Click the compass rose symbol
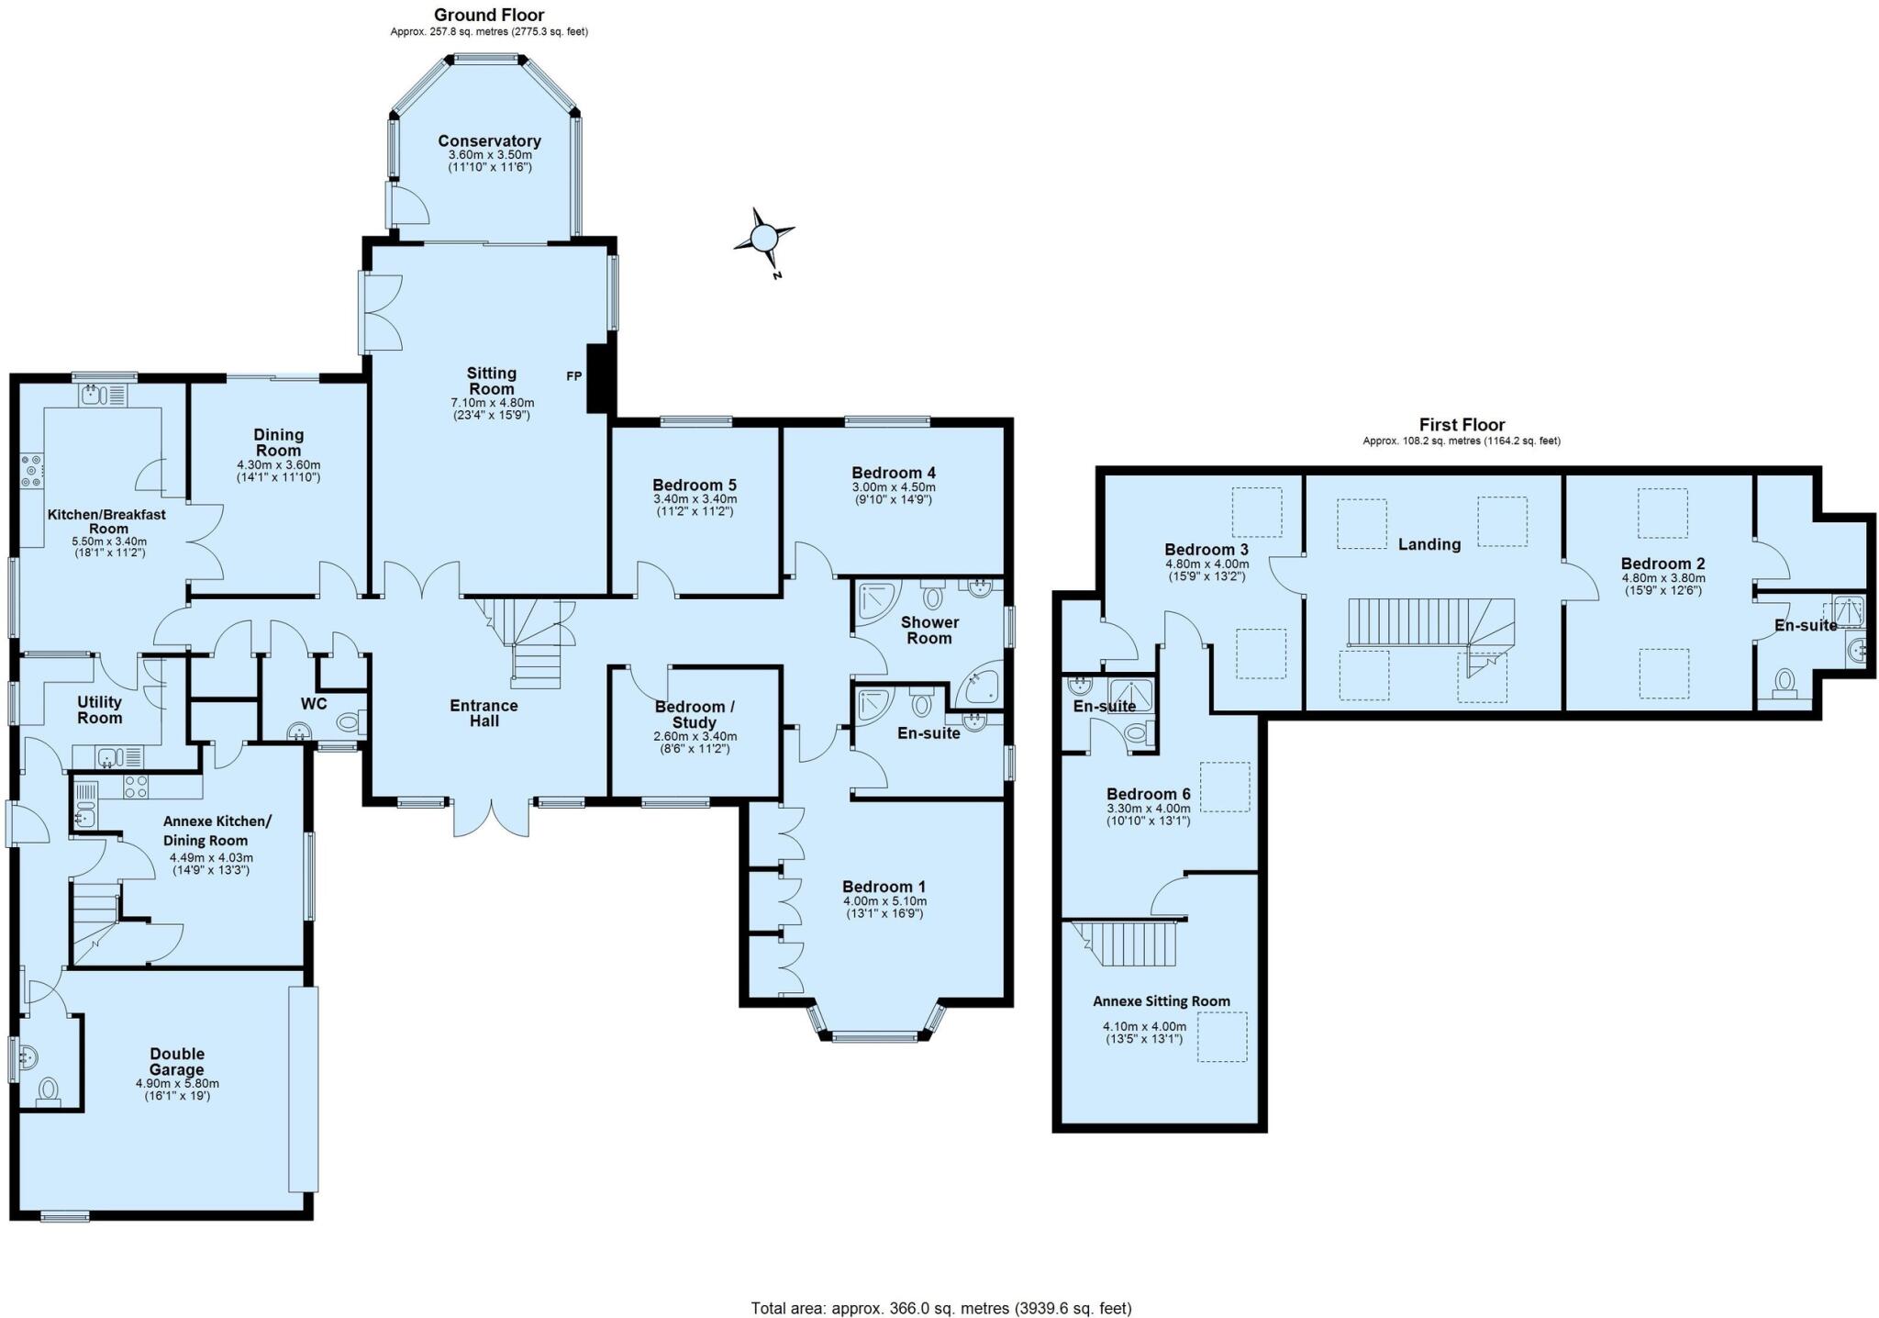point(763,239)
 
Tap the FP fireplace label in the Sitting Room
point(573,376)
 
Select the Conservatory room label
point(489,141)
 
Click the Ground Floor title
point(489,15)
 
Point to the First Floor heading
point(1462,425)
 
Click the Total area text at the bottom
point(940,1308)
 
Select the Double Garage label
point(177,1062)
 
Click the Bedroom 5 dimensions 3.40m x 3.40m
point(695,499)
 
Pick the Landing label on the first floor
point(1429,544)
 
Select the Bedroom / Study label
point(695,714)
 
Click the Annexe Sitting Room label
point(1161,1001)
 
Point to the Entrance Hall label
point(484,713)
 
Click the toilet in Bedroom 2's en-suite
point(1784,684)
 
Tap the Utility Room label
point(100,709)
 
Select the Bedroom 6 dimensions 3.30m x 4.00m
point(1148,809)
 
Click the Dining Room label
point(278,442)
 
